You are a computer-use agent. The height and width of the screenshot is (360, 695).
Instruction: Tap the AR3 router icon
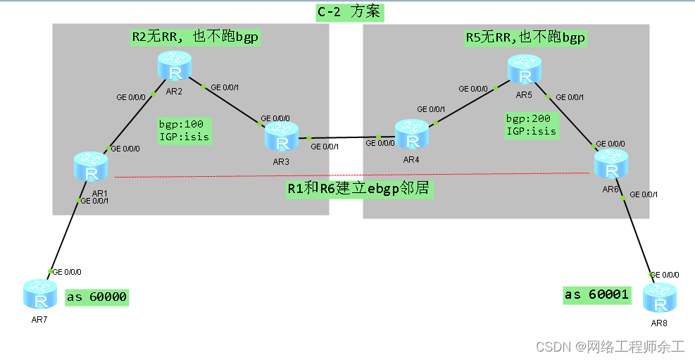tap(282, 137)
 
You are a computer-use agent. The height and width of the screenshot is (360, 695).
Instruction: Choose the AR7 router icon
tap(40, 294)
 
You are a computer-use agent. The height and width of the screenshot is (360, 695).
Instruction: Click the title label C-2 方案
tap(350, 12)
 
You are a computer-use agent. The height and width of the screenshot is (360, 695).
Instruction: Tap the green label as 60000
tap(97, 297)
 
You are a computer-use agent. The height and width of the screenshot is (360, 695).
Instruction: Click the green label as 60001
tap(596, 294)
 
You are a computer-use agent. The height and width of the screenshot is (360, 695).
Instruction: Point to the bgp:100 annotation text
tap(181, 124)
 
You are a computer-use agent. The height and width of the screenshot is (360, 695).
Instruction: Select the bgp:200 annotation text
tap(527, 118)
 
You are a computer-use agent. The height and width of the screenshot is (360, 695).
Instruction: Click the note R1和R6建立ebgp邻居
tap(358, 189)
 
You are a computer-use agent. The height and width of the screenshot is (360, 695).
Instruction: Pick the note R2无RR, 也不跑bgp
tap(194, 37)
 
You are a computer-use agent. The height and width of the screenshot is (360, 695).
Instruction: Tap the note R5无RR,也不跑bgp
tap(525, 37)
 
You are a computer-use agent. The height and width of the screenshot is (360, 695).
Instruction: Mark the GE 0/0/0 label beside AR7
tap(65, 271)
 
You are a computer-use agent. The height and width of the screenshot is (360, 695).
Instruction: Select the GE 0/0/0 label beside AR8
tap(664, 274)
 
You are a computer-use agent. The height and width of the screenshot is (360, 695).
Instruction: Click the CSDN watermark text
tap(610, 347)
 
